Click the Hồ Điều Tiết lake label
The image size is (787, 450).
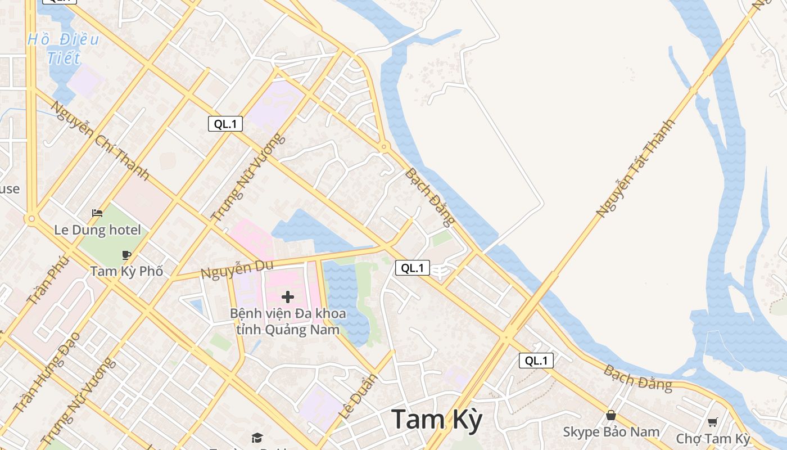(x=64, y=48)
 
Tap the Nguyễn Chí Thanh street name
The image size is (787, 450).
(x=99, y=141)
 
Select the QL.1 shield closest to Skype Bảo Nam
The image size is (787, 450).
(x=536, y=361)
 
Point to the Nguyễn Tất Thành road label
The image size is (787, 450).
(x=635, y=168)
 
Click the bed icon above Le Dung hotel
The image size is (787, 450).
(x=97, y=213)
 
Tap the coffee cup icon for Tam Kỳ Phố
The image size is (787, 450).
(x=126, y=255)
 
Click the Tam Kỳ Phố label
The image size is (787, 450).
(x=126, y=271)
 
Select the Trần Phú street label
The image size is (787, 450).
(x=48, y=280)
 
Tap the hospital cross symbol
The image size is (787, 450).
(x=288, y=297)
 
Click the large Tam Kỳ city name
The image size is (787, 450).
(x=437, y=420)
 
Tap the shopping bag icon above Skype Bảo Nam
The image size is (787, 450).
(x=611, y=416)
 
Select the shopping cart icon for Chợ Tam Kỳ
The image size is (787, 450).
(x=712, y=422)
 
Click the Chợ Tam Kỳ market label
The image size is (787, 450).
(x=713, y=439)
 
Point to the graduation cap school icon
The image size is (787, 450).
(x=257, y=438)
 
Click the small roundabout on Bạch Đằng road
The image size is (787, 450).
(x=385, y=147)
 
